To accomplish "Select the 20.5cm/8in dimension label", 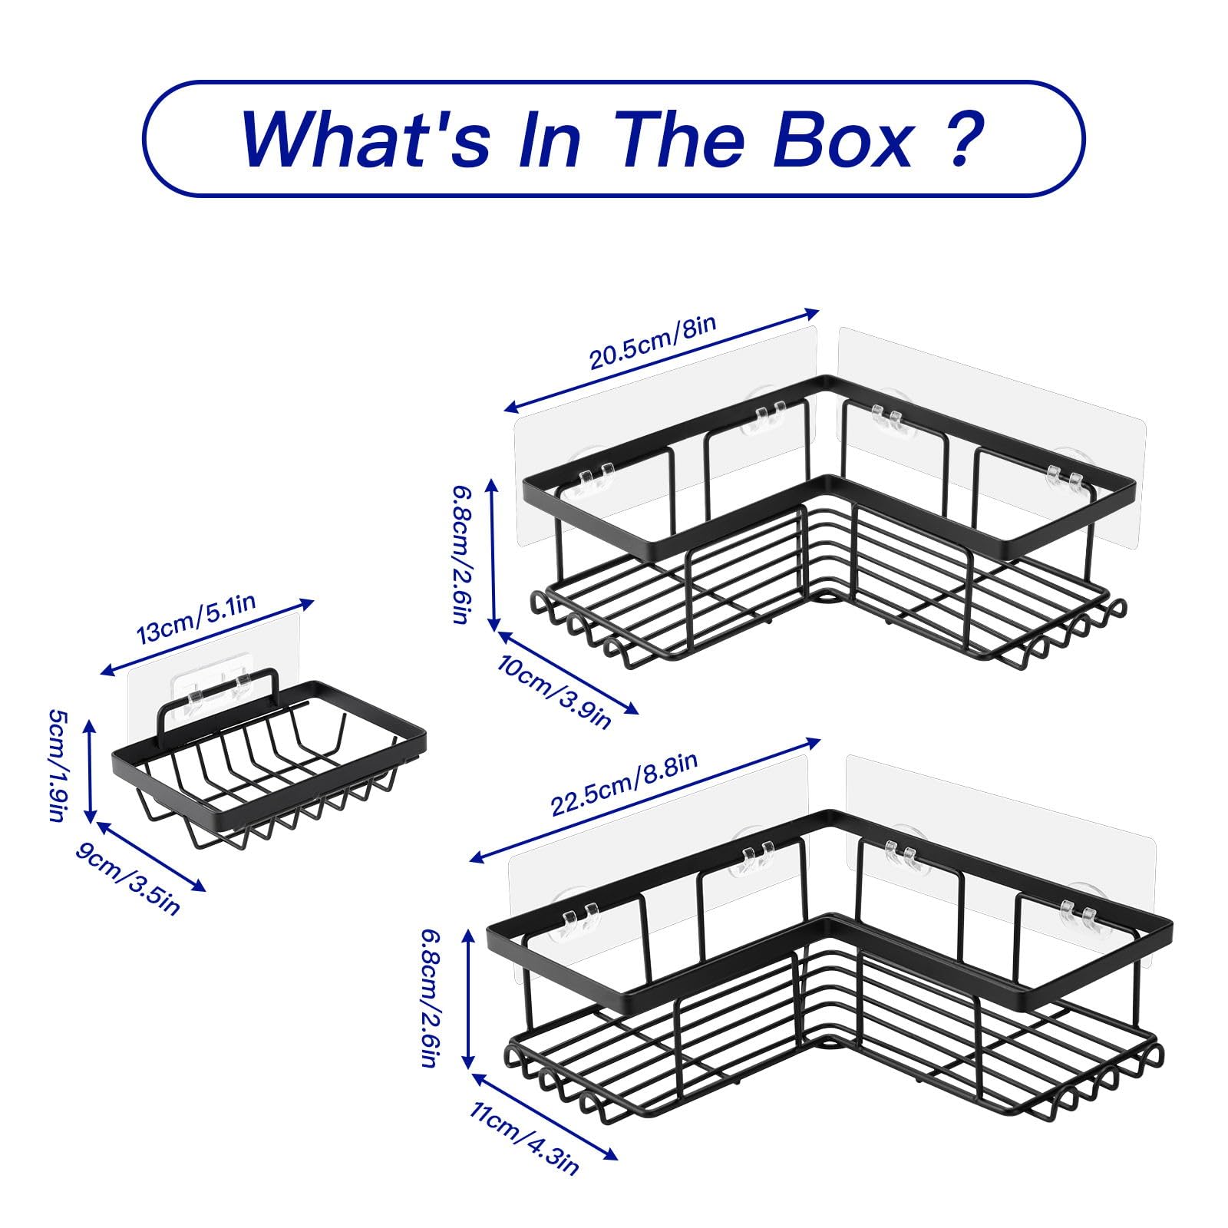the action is click(x=652, y=341).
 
